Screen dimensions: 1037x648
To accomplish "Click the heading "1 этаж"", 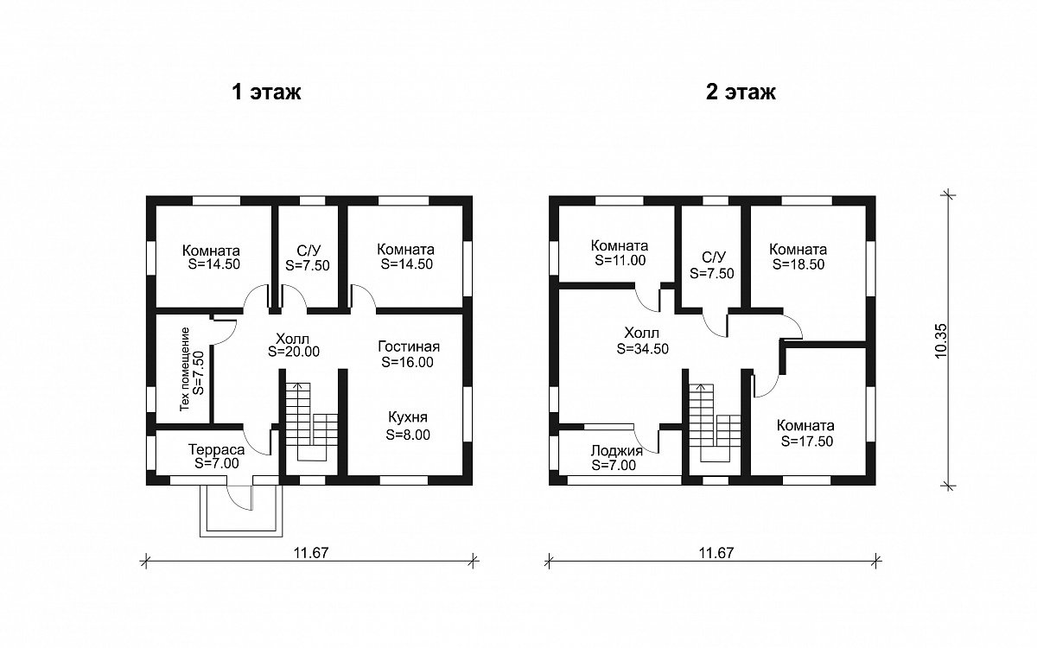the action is click(x=266, y=92).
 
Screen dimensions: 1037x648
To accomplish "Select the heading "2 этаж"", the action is click(x=741, y=92).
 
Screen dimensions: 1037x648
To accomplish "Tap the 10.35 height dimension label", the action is click(x=941, y=340).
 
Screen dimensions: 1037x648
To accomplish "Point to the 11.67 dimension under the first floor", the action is click(x=310, y=552).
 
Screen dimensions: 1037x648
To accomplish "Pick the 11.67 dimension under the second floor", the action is click(x=716, y=552).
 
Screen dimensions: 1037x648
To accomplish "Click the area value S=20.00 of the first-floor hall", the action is click(x=294, y=352).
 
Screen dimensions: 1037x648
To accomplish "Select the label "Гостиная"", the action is click(x=408, y=346).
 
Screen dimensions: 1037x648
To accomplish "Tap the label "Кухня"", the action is click(x=408, y=417).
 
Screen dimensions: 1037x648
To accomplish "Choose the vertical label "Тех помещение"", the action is click(x=185, y=369).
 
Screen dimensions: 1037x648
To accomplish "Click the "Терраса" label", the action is click(x=216, y=449).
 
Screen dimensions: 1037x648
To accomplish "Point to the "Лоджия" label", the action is click(x=617, y=451).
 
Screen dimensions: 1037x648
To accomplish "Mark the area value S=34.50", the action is click(x=643, y=348).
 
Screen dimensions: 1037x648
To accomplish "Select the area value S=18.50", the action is click(x=798, y=264).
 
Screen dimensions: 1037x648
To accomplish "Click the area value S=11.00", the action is click(x=620, y=260).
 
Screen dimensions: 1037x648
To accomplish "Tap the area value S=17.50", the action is click(x=807, y=442).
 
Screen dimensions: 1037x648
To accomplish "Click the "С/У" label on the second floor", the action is click(x=714, y=257).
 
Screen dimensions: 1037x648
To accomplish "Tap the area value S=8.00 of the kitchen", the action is click(x=408, y=435).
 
